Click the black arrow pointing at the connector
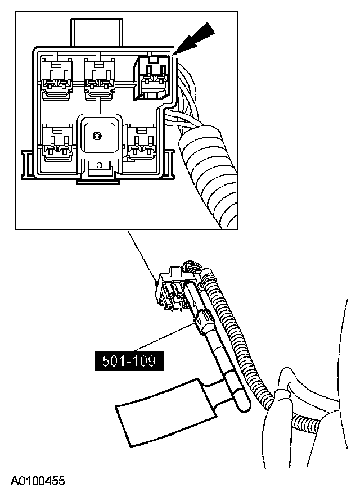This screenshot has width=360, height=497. (197, 38)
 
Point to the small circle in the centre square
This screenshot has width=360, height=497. (97, 135)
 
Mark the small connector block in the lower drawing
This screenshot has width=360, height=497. (172, 290)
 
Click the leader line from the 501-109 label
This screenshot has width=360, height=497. (169, 341)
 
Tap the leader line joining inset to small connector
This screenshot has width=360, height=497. (141, 255)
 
